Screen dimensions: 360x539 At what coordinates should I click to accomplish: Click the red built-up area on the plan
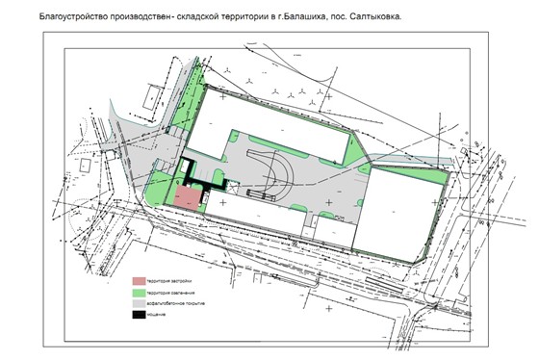(188, 197)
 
